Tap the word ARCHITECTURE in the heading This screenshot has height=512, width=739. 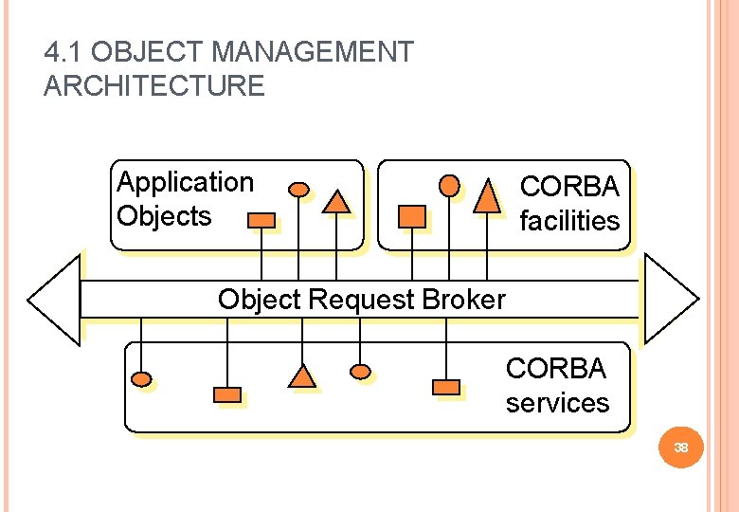(x=154, y=86)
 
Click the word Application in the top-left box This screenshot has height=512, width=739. (x=185, y=182)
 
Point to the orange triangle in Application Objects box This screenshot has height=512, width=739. (x=335, y=200)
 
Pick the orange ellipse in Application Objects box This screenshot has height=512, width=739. (x=298, y=189)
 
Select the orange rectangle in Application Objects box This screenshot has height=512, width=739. (x=261, y=220)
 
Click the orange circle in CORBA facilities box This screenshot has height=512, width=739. (x=451, y=185)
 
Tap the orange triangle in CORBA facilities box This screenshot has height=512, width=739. (x=486, y=194)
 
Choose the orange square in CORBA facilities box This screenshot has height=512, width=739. (x=412, y=216)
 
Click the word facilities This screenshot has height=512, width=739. (x=569, y=221)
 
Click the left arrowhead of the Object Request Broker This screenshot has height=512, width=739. (x=54, y=300)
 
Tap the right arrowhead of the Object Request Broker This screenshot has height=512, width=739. (x=670, y=298)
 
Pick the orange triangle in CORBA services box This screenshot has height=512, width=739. (x=301, y=376)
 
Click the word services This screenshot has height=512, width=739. (x=557, y=403)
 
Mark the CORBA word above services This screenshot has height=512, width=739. (x=555, y=368)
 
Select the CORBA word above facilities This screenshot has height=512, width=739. (x=569, y=186)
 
